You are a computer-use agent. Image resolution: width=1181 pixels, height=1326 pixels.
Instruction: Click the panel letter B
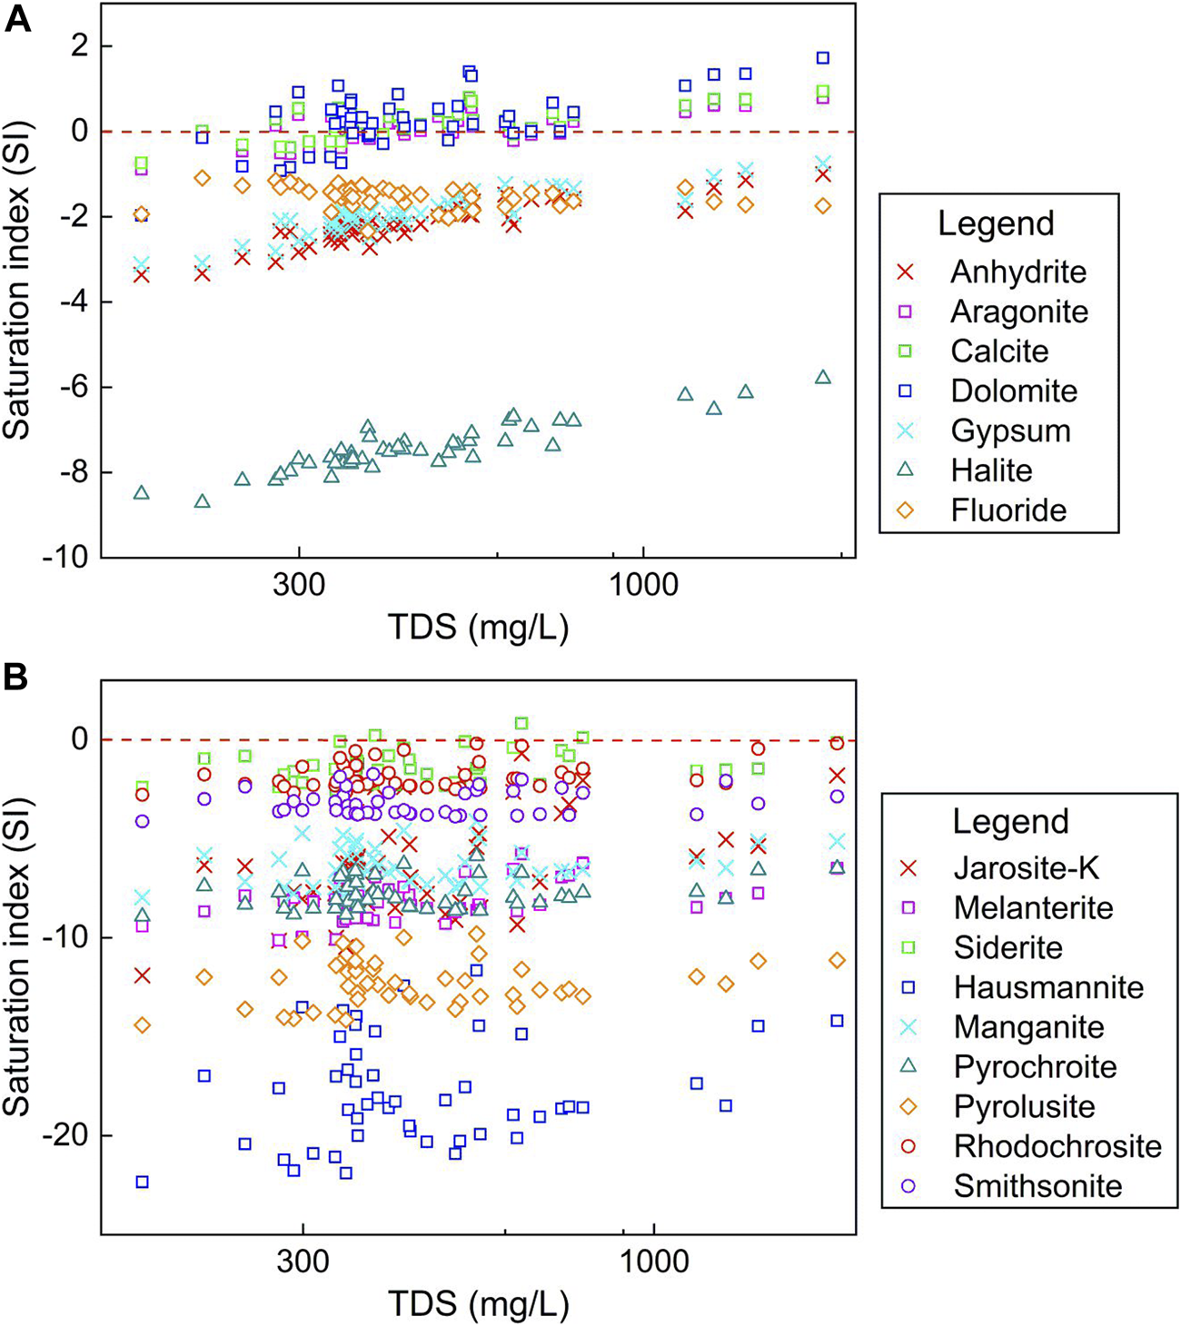tap(18, 678)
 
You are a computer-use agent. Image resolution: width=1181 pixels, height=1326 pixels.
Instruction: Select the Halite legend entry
tap(991, 470)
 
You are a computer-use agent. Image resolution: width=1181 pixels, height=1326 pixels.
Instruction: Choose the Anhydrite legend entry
tap(1018, 272)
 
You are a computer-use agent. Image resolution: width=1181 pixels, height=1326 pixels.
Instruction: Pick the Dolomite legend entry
tap(1014, 391)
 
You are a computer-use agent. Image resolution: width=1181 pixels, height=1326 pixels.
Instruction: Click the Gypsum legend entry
tap(1010, 430)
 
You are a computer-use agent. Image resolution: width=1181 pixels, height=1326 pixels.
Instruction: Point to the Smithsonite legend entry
tap(1037, 1186)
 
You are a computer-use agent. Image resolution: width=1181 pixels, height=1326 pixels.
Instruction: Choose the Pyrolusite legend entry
tap(1024, 1106)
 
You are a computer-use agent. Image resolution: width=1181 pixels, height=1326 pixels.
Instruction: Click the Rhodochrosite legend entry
tap(1057, 1146)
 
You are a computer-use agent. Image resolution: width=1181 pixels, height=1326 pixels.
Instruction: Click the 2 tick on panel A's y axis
tap(80, 46)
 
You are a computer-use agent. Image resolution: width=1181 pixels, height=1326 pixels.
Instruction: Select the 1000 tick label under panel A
tap(643, 585)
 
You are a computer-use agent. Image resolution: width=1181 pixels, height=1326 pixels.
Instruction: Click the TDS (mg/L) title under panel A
tap(478, 627)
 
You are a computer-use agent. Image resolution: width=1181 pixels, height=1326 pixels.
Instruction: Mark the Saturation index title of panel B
tap(18, 957)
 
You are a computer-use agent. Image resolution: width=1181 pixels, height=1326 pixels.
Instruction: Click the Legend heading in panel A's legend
tap(996, 223)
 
